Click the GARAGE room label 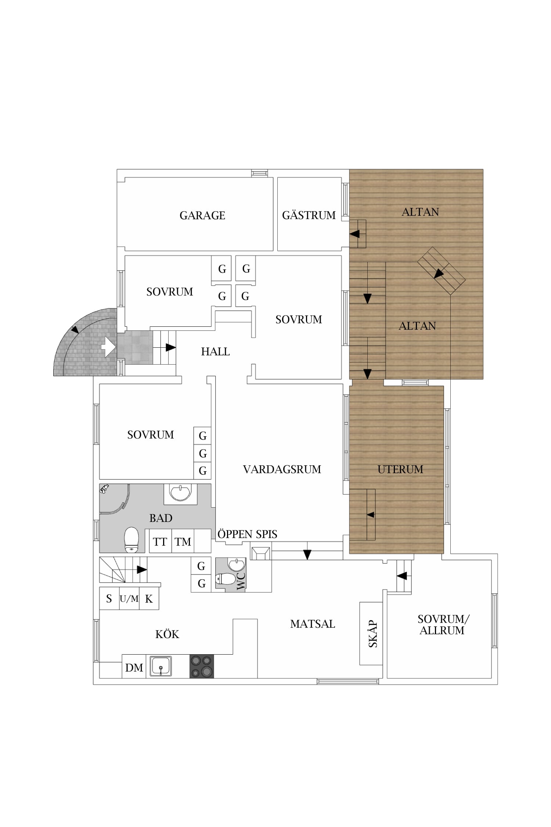202,215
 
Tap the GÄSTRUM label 309,215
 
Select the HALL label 215,352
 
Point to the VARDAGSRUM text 282,469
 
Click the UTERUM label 400,469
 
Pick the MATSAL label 313,624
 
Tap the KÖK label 167,634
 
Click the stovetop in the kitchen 202,666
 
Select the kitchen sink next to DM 161,666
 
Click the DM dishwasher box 134,666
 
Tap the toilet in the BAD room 132,540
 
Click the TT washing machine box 161,541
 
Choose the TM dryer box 183,541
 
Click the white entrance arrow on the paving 108,347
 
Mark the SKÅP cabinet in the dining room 371,633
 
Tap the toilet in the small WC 226,579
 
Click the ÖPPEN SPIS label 247,534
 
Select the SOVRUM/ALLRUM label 443,624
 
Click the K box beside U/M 149,599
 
